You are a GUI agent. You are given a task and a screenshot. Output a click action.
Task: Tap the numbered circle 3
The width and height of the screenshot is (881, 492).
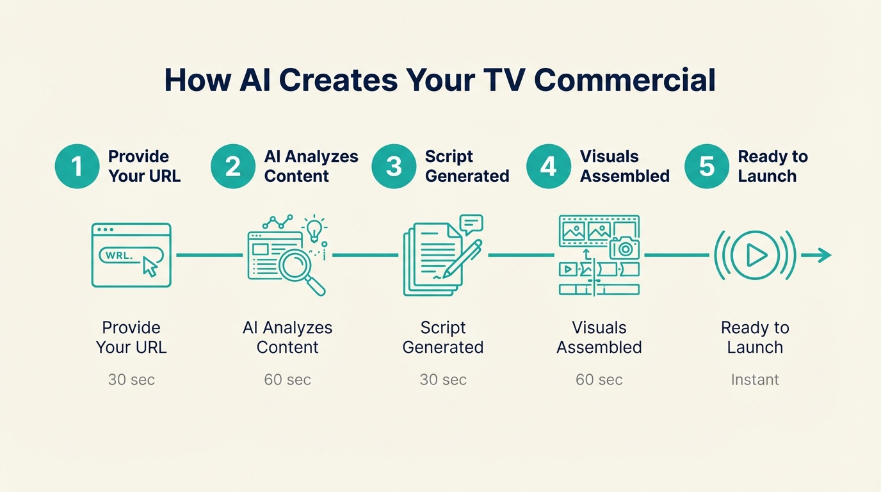pyautogui.click(x=394, y=167)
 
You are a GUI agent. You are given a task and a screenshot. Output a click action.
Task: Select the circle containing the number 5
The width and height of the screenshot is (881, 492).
pyautogui.click(x=706, y=167)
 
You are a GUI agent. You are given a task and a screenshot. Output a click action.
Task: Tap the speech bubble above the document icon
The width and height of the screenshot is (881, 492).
pyautogui.click(x=471, y=224)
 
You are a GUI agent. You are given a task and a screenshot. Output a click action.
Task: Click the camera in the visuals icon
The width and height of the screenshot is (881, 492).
pyautogui.click(x=624, y=248)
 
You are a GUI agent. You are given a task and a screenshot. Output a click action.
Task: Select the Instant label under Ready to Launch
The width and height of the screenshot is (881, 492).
pyautogui.click(x=755, y=380)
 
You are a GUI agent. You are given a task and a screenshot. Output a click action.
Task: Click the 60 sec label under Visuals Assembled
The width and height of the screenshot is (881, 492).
pyautogui.click(x=599, y=380)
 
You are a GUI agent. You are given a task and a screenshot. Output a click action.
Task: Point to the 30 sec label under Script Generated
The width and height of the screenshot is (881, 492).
pyautogui.click(x=443, y=380)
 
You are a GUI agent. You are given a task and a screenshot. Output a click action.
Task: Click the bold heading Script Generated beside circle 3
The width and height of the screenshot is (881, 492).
pyautogui.click(x=467, y=167)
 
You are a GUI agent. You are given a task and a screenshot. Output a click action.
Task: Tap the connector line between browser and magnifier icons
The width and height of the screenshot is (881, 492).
pyautogui.click(x=209, y=255)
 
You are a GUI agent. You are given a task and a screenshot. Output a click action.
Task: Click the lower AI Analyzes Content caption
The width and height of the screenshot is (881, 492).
pyautogui.click(x=287, y=338)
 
